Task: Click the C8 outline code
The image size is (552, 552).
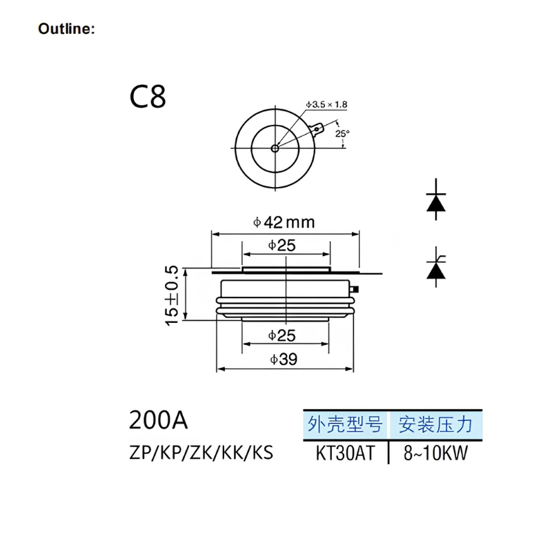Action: [x=148, y=97]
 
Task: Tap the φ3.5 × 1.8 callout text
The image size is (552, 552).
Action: [x=326, y=104]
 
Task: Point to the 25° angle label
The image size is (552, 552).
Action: [x=343, y=133]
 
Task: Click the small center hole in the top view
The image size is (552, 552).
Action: [x=275, y=148]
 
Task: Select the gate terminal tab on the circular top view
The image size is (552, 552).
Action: [x=318, y=128]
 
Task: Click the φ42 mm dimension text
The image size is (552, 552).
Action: [x=284, y=222]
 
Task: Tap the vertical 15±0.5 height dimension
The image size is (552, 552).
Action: [x=172, y=294]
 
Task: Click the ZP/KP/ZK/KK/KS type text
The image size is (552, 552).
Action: [x=200, y=453]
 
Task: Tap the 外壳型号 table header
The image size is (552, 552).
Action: [x=344, y=423]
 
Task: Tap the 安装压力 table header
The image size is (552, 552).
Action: [x=435, y=423]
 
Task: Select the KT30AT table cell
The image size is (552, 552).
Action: [x=344, y=453]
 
